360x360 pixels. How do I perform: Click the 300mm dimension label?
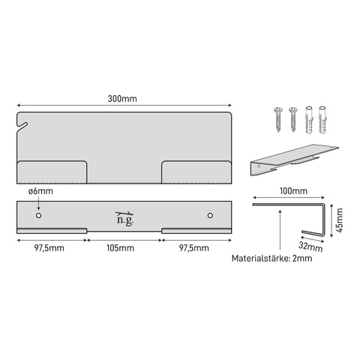pyautogui.click(x=122, y=99)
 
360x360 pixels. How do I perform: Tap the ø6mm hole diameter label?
pyautogui.click(x=40, y=191)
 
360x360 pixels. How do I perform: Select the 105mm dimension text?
pyautogui.click(x=120, y=248)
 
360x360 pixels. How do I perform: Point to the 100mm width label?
pyautogui.click(x=293, y=191)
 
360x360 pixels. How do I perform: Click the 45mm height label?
pyautogui.click(x=340, y=220)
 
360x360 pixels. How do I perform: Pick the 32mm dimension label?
pyautogui.click(x=310, y=246)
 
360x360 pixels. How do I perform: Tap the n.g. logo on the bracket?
pyautogui.click(x=124, y=218)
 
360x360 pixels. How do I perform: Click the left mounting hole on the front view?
pyautogui.click(x=38, y=215)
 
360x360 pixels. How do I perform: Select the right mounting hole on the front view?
pyautogui.click(x=210, y=215)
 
